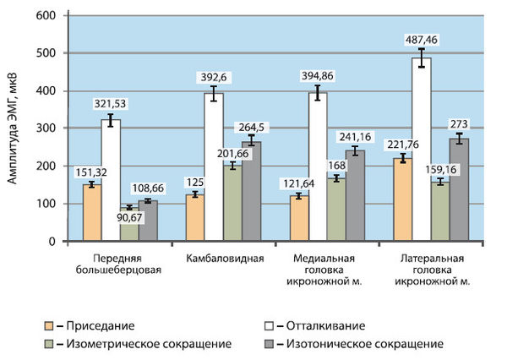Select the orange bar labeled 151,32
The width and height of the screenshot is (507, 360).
91,213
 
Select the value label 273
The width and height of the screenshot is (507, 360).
461,124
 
